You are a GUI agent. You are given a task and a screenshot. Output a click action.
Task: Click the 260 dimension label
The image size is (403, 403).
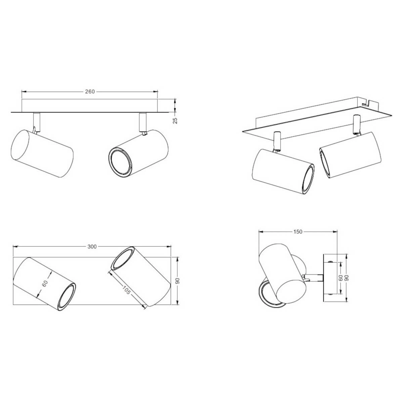click(90, 91)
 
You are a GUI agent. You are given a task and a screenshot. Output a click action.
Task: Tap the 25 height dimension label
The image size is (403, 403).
click(175, 120)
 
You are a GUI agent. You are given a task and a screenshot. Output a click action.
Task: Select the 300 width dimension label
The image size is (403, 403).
click(92, 247)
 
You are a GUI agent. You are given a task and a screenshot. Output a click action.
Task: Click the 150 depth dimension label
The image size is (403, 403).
click(298, 231)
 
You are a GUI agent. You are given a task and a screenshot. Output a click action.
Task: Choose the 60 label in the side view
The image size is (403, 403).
click(341, 278)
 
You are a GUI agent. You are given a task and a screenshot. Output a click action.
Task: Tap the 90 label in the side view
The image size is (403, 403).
click(347, 278)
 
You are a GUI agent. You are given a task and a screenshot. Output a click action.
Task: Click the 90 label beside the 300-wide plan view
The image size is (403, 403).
click(178, 281)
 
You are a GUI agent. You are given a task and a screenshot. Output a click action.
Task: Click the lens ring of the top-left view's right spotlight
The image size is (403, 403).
click(120, 160)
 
